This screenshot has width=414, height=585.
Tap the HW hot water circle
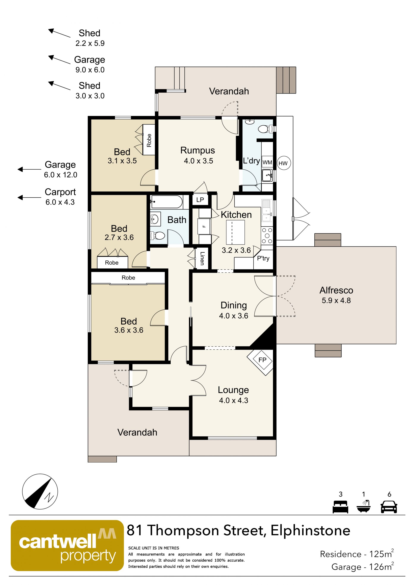point(284,163)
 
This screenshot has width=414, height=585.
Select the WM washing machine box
point(267,162)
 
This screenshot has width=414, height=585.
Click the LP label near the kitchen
point(200,200)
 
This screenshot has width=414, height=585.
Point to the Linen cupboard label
point(202,258)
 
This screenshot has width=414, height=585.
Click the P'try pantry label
point(263,259)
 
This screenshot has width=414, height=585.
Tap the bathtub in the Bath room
point(166,202)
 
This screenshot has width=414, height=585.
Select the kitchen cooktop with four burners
point(267,236)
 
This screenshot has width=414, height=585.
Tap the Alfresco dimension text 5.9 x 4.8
point(336,301)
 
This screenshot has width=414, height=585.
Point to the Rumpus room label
point(198,150)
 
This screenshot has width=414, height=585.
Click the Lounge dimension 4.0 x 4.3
point(234,400)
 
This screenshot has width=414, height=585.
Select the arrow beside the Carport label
point(29,197)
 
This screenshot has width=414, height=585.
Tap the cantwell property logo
point(67,546)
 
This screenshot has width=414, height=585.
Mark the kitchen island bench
point(235,232)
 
